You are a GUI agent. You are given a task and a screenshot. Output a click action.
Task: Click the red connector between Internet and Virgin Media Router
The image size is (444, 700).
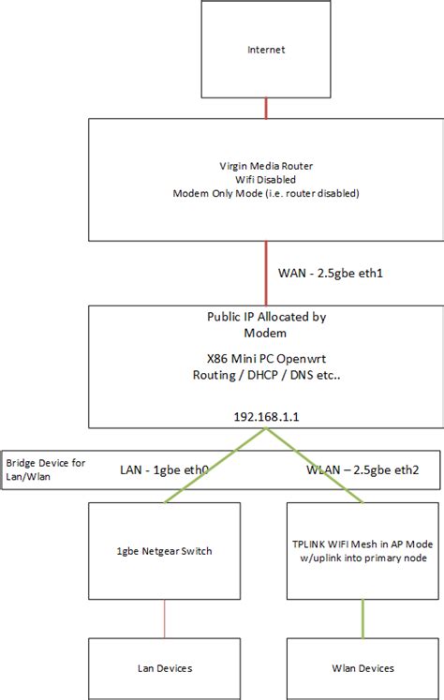coord(267,106)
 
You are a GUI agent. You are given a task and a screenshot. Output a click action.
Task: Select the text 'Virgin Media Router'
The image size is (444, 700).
coord(267,166)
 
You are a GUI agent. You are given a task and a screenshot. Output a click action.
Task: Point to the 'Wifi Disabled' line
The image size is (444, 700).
coord(267,179)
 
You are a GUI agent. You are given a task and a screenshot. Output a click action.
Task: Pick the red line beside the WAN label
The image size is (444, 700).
coord(267,273)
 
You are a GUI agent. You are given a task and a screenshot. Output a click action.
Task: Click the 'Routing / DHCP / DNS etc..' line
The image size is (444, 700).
coord(266,375)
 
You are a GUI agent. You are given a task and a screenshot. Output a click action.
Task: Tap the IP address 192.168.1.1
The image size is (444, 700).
coord(267,413)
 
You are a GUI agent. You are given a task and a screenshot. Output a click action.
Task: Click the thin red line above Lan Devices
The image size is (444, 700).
coord(167,618)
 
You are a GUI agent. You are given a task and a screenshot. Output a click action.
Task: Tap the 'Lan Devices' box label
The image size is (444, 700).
coord(167,668)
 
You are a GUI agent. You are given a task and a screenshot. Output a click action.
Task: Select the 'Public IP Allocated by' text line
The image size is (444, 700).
coord(266,317)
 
